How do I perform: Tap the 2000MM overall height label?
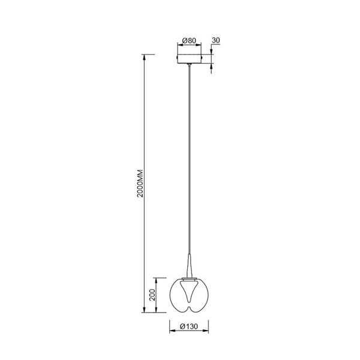[139, 184]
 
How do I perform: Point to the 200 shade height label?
[152, 295]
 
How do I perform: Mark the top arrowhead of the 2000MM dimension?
[145, 56]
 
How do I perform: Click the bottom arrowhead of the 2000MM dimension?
[145, 310]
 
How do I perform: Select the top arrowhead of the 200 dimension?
[158, 279]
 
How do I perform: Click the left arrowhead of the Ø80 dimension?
[179, 47]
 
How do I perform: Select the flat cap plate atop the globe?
[188, 278]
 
